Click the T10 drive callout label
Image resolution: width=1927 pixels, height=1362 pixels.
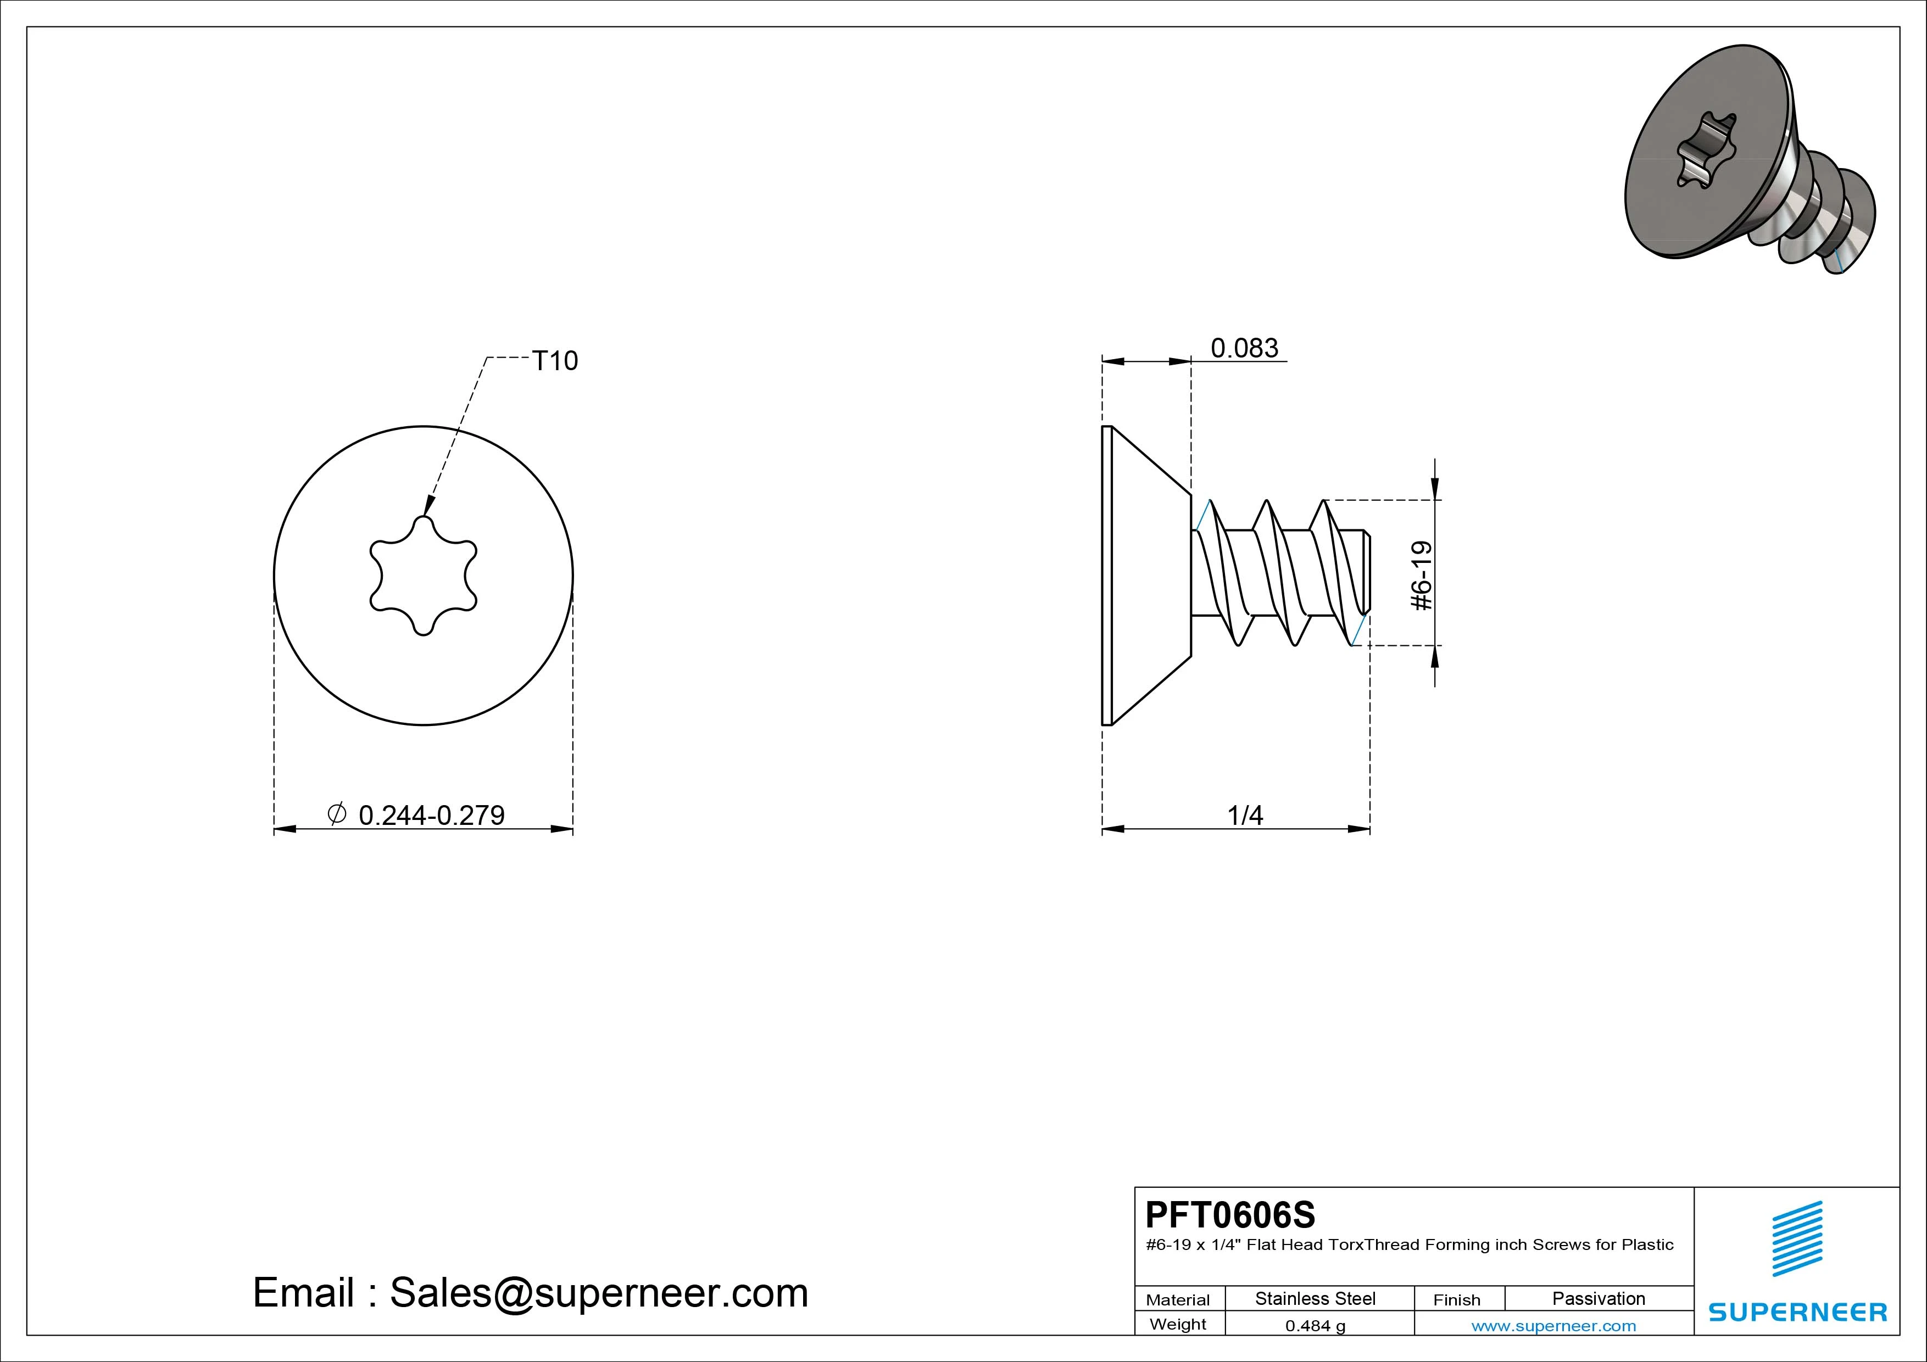(555, 361)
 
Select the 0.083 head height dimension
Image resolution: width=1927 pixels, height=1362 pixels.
(1244, 348)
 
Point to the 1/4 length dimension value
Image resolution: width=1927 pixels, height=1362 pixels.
(1245, 815)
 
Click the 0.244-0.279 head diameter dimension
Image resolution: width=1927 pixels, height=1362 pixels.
(431, 815)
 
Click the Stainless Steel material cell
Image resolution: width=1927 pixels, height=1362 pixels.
(1315, 1298)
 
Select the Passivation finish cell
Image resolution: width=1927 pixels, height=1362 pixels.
(1598, 1298)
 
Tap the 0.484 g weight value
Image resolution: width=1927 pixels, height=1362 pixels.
(1315, 1326)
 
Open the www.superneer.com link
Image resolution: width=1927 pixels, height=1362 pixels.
(1553, 1326)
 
